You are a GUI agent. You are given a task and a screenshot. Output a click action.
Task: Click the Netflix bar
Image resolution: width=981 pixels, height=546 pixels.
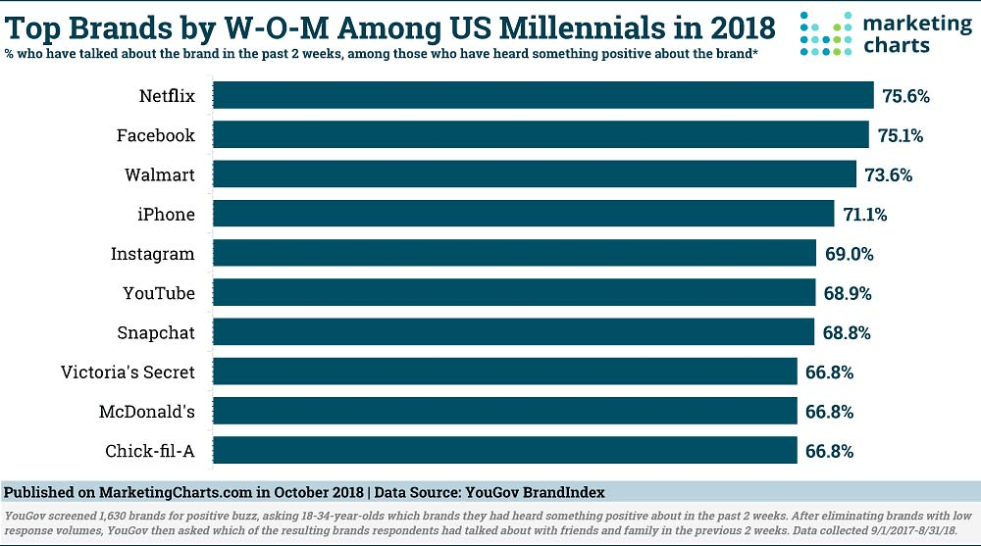click(542, 95)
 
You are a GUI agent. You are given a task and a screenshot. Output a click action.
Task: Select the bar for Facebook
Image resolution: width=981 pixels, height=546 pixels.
click(541, 134)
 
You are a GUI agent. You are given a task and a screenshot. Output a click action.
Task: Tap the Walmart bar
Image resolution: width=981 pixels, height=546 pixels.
click(535, 174)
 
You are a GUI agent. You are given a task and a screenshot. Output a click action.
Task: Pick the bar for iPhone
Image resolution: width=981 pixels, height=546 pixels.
click(524, 214)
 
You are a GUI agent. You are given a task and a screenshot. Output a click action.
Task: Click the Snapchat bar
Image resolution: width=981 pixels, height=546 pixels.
click(513, 332)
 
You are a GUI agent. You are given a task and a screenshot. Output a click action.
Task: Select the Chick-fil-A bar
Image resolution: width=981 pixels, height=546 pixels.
click(504, 451)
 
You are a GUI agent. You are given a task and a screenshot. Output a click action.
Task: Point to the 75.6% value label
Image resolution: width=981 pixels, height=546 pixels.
click(904, 96)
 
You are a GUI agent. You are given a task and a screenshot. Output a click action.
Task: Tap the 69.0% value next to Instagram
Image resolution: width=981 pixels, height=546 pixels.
click(848, 254)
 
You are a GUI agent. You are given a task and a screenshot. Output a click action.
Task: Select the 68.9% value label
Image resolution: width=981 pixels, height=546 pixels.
click(847, 293)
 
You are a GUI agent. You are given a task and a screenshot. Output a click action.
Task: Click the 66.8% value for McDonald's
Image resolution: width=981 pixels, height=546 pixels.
click(828, 412)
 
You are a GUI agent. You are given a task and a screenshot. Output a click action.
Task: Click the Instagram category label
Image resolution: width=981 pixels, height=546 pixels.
click(152, 254)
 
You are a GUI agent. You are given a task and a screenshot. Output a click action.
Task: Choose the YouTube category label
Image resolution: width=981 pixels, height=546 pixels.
click(158, 293)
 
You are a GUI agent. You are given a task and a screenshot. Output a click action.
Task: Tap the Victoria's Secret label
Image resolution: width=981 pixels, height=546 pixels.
click(128, 372)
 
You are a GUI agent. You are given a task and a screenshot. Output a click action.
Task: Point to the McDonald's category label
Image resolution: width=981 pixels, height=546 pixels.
click(147, 412)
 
